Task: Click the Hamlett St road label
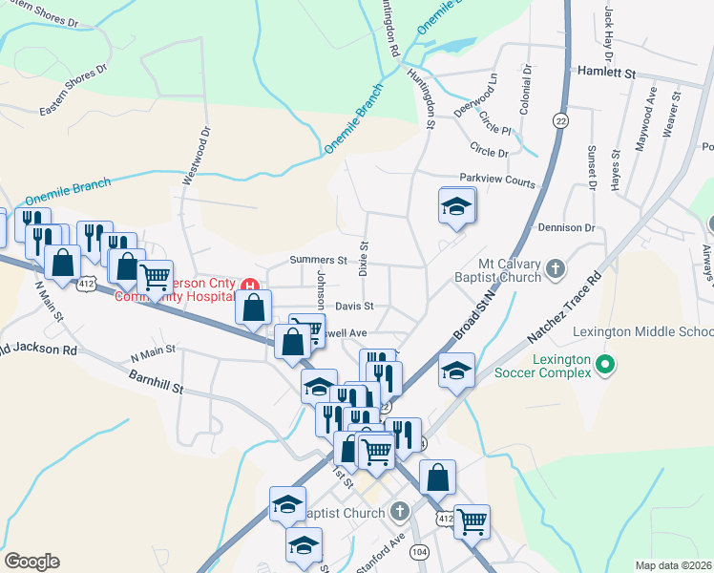pyautogui.click(x=607, y=72)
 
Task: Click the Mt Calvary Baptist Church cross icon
pyautogui.click(x=557, y=271)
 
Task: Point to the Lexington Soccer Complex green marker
pyautogui.click(x=603, y=364)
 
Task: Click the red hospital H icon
pyautogui.click(x=250, y=286)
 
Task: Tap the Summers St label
pyautogui.click(x=319, y=260)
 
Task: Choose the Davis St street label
pyautogui.click(x=353, y=307)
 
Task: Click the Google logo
pyautogui.click(x=31, y=562)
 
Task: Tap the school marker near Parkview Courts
pyautogui.click(x=457, y=206)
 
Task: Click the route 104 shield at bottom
pyautogui.click(x=418, y=552)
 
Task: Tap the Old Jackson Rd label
pyautogui.click(x=38, y=350)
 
